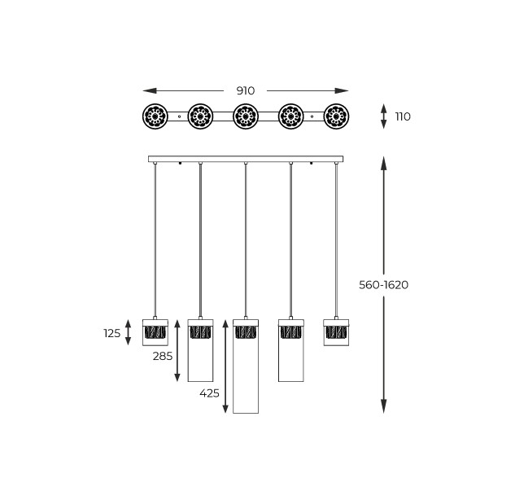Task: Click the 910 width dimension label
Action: coord(246,90)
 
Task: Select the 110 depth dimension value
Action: coord(403,116)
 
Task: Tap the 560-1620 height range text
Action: coord(384,285)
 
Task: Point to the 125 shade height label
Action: coord(112,333)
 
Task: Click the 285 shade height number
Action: coord(163,356)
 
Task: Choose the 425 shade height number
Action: coord(209,393)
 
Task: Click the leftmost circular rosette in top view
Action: coord(155,116)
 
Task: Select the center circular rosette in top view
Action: coord(246,116)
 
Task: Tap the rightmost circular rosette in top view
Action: coord(336,116)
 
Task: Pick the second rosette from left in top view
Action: coord(200,116)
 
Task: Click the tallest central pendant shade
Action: coord(246,366)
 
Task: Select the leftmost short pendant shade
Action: coord(155,332)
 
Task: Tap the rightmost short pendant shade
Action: coord(336,332)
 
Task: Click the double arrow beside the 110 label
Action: coord(384,116)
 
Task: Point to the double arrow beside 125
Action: coord(128,332)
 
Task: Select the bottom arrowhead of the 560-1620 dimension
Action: coord(384,406)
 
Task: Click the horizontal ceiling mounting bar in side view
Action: coord(246,159)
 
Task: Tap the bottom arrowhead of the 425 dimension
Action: coord(225,408)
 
